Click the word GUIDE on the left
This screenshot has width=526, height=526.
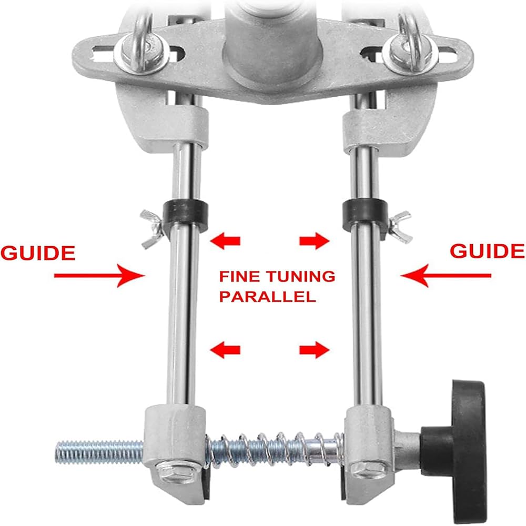click(38, 254)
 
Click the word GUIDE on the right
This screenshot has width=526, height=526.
click(487, 251)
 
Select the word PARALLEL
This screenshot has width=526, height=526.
click(268, 297)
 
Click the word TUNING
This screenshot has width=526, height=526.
click(301, 277)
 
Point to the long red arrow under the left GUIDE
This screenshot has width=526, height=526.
click(99, 276)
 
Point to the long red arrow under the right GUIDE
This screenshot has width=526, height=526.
click(446, 276)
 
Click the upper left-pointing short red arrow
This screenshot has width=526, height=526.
click(225, 241)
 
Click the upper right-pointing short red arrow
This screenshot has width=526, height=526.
click(315, 241)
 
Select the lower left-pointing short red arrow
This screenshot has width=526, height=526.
click(225, 350)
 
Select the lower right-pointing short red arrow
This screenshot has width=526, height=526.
click(315, 350)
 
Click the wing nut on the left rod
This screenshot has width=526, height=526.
click(151, 229)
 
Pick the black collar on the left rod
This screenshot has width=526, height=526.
click(186, 215)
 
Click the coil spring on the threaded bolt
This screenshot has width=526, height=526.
click(275, 450)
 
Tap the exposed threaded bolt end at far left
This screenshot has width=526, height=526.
click(99, 452)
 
